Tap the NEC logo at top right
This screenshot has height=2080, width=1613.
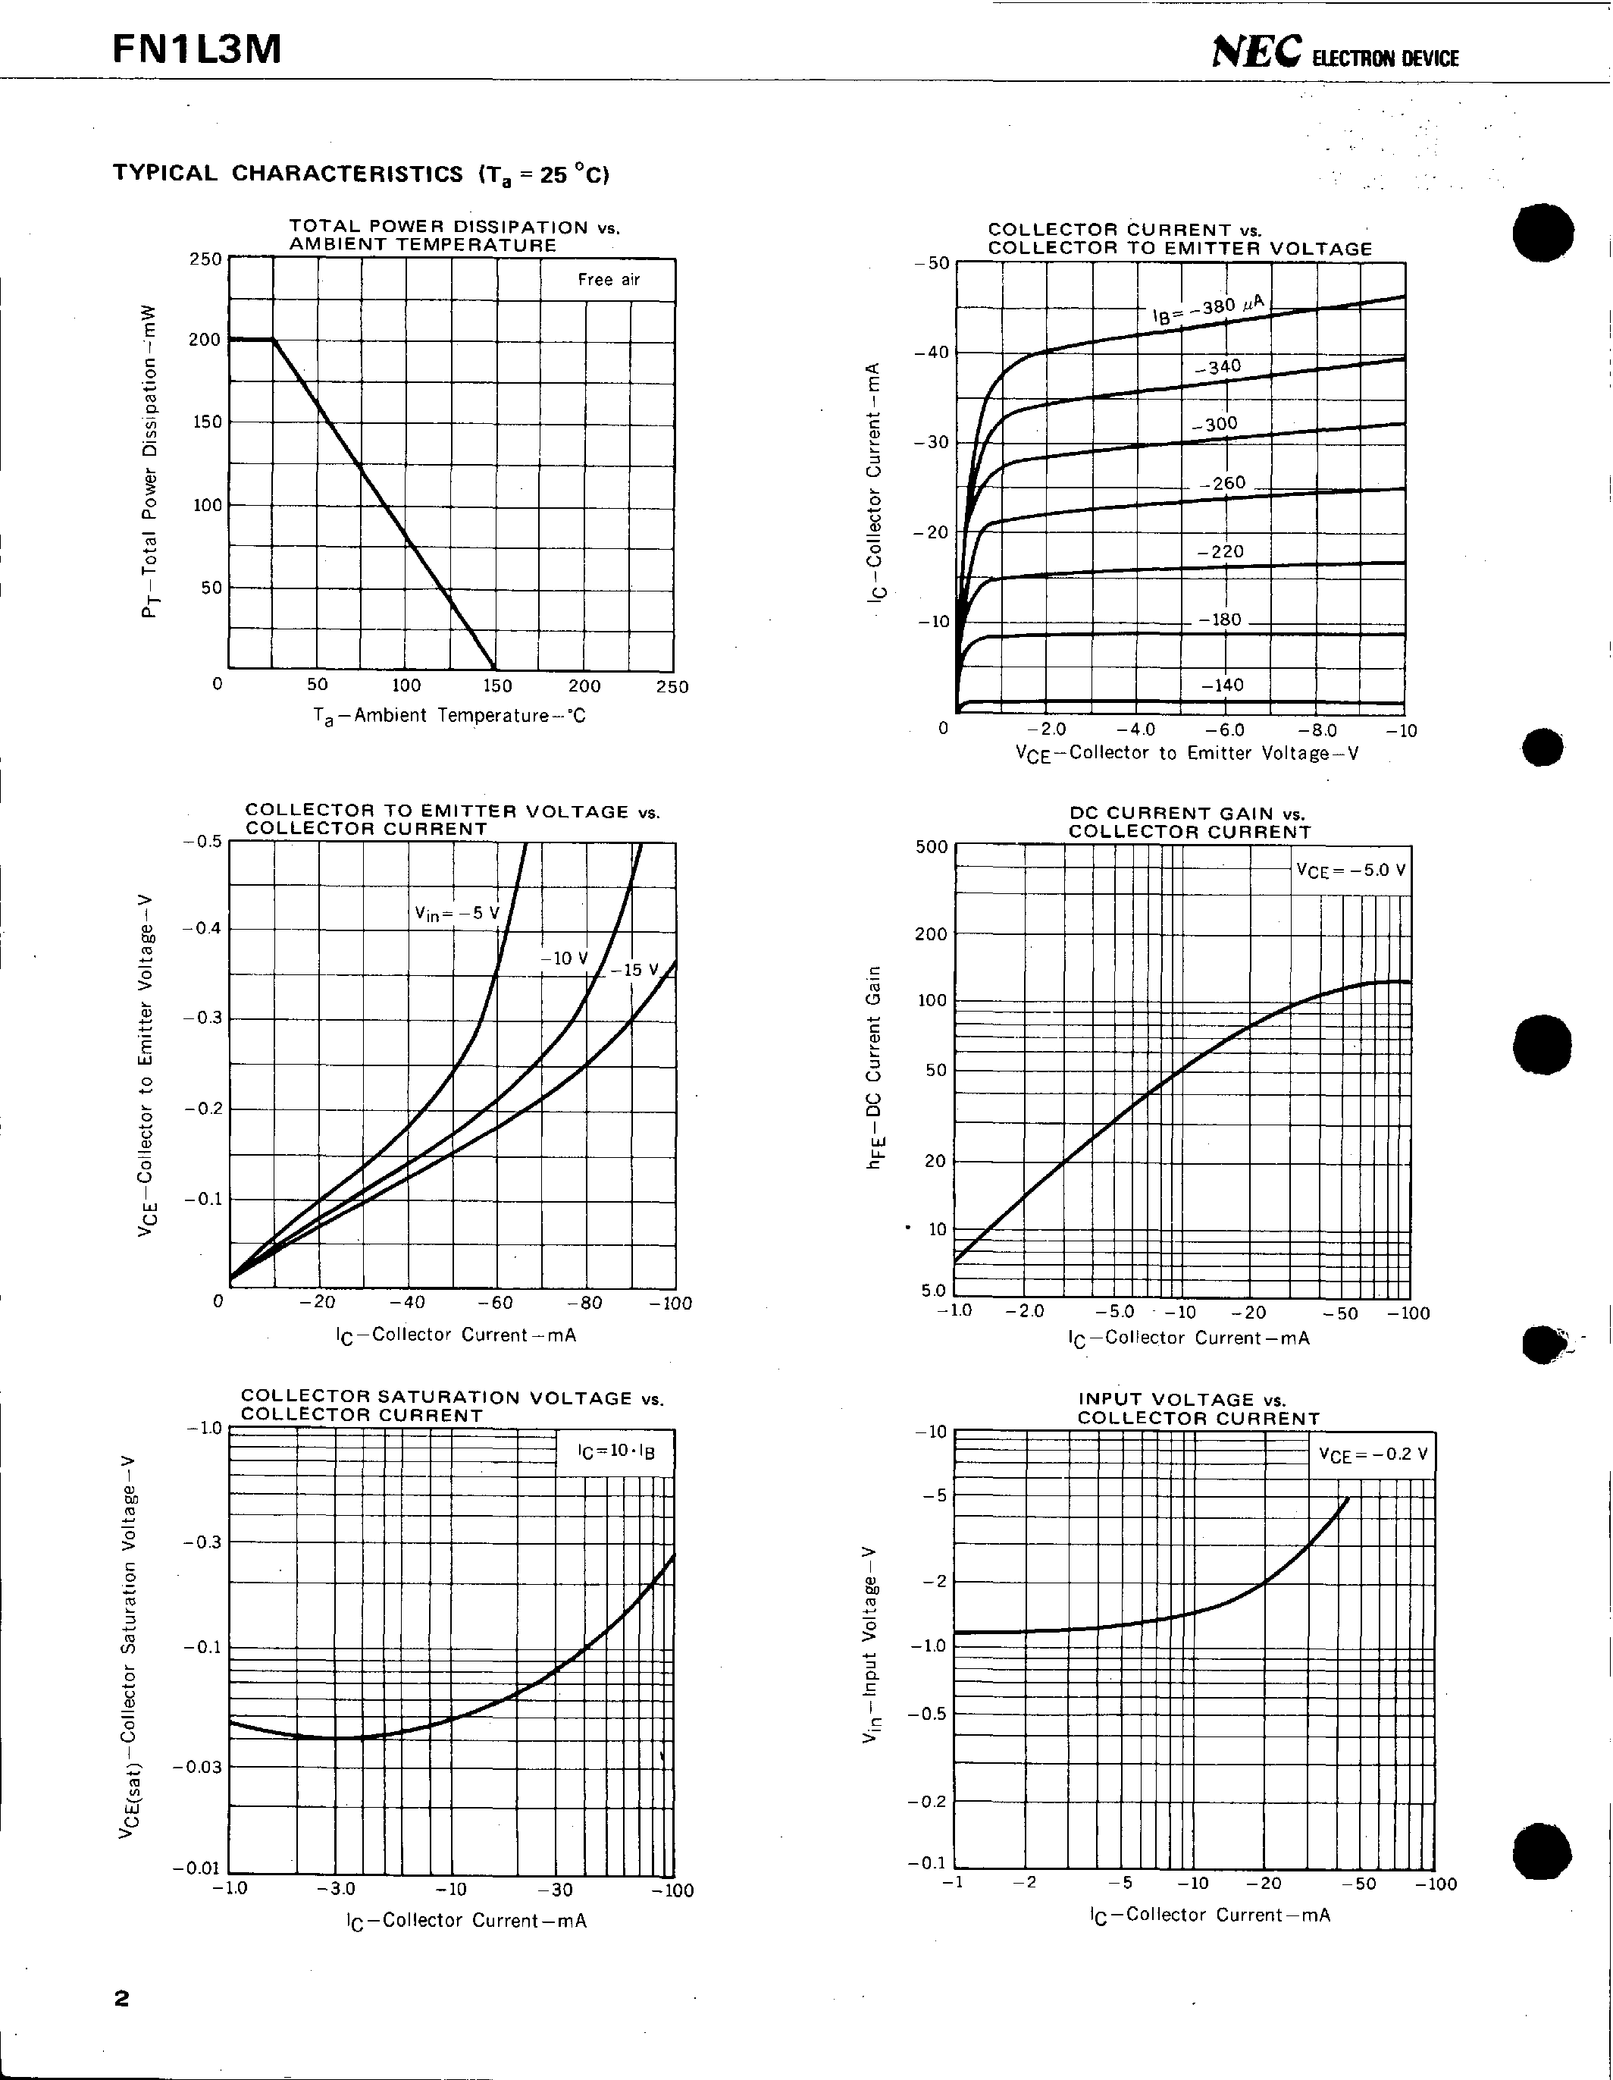pos(1256,55)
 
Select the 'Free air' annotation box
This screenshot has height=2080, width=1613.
pos(609,280)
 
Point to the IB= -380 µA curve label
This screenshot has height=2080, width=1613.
pos(1209,309)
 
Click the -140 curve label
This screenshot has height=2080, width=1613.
pos(1223,685)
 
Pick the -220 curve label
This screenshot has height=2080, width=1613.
pos(1220,551)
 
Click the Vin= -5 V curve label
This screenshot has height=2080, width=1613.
pos(457,913)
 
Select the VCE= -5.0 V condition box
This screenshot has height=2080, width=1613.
pos(1350,871)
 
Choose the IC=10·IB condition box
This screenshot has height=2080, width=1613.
pos(616,1452)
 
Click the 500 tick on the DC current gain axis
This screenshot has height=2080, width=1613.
pos(932,847)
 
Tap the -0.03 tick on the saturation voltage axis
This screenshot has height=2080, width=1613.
pos(196,1767)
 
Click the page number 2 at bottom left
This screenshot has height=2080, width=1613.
pos(121,1998)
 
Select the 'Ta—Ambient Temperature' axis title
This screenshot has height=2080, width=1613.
pos(449,715)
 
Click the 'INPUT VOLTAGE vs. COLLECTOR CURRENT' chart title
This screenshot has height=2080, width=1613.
pos(1199,1409)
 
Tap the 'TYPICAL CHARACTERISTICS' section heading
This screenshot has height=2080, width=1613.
pos(287,174)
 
